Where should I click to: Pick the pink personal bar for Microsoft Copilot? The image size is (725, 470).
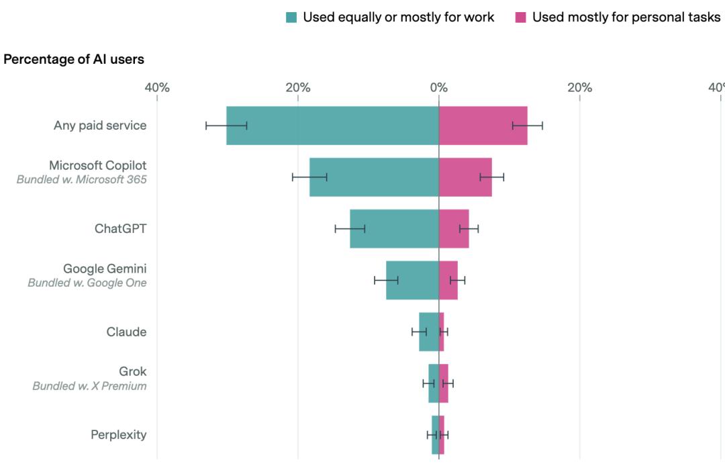click(465, 177)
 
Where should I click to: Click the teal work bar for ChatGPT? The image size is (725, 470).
click(394, 229)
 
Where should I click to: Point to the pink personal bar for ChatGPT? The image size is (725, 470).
click(454, 229)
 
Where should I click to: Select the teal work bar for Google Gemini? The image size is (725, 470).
click(412, 281)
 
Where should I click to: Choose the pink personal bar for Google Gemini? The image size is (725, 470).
click(448, 281)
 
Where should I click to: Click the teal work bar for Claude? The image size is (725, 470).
click(429, 332)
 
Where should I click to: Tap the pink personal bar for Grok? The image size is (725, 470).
click(444, 383)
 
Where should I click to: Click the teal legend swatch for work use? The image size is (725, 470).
click(291, 17)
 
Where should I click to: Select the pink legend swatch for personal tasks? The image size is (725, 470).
click(521, 17)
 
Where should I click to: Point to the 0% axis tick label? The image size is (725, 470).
click(438, 87)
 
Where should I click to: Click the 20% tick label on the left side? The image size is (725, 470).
click(298, 87)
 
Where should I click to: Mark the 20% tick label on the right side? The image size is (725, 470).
click(579, 87)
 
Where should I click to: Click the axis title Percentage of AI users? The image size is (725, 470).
click(74, 60)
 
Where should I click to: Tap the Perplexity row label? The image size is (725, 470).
click(118, 434)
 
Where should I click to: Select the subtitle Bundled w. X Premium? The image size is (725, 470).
click(89, 386)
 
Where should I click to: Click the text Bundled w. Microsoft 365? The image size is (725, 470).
click(81, 180)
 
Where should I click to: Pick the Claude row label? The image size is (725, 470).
click(126, 332)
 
